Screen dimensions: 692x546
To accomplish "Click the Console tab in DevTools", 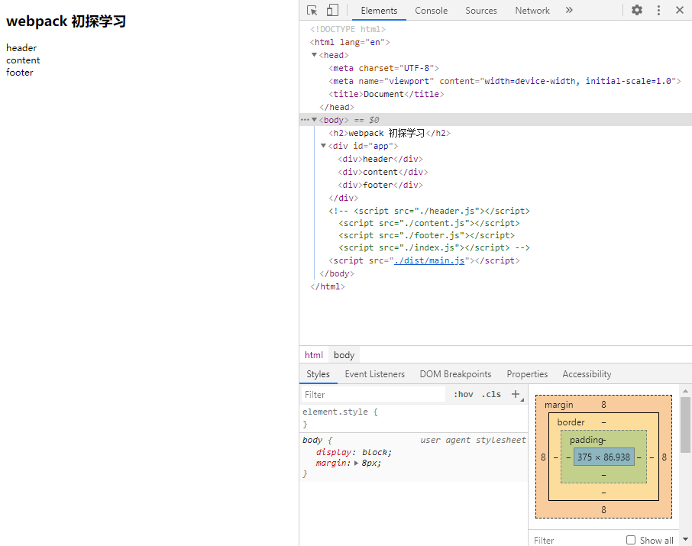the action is tap(432, 11).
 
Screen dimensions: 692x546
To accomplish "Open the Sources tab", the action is tap(481, 11).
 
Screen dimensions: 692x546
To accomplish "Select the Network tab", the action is tap(532, 11).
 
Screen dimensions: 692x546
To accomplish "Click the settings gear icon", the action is tap(637, 11).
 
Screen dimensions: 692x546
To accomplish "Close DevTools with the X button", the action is tap(680, 11).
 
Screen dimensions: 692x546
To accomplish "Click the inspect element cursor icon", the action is tap(312, 11).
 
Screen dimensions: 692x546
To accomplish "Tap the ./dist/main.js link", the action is tap(429, 260).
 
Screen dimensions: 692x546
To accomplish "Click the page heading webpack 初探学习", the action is tap(66, 21).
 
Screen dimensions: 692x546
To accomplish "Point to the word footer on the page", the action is tap(20, 73).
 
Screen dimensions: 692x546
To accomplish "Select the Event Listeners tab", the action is tap(375, 374).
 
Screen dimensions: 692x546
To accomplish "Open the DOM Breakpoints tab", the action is tap(455, 374).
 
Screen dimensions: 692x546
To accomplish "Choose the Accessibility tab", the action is tap(587, 374).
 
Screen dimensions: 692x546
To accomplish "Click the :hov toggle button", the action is tap(464, 395).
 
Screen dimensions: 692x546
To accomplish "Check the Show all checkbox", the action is tap(631, 540).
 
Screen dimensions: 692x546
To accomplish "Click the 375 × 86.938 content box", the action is tap(603, 457).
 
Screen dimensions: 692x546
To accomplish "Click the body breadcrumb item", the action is tap(344, 355).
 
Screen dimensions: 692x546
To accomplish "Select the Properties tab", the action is tap(527, 374).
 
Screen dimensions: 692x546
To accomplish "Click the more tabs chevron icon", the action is tap(569, 11).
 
